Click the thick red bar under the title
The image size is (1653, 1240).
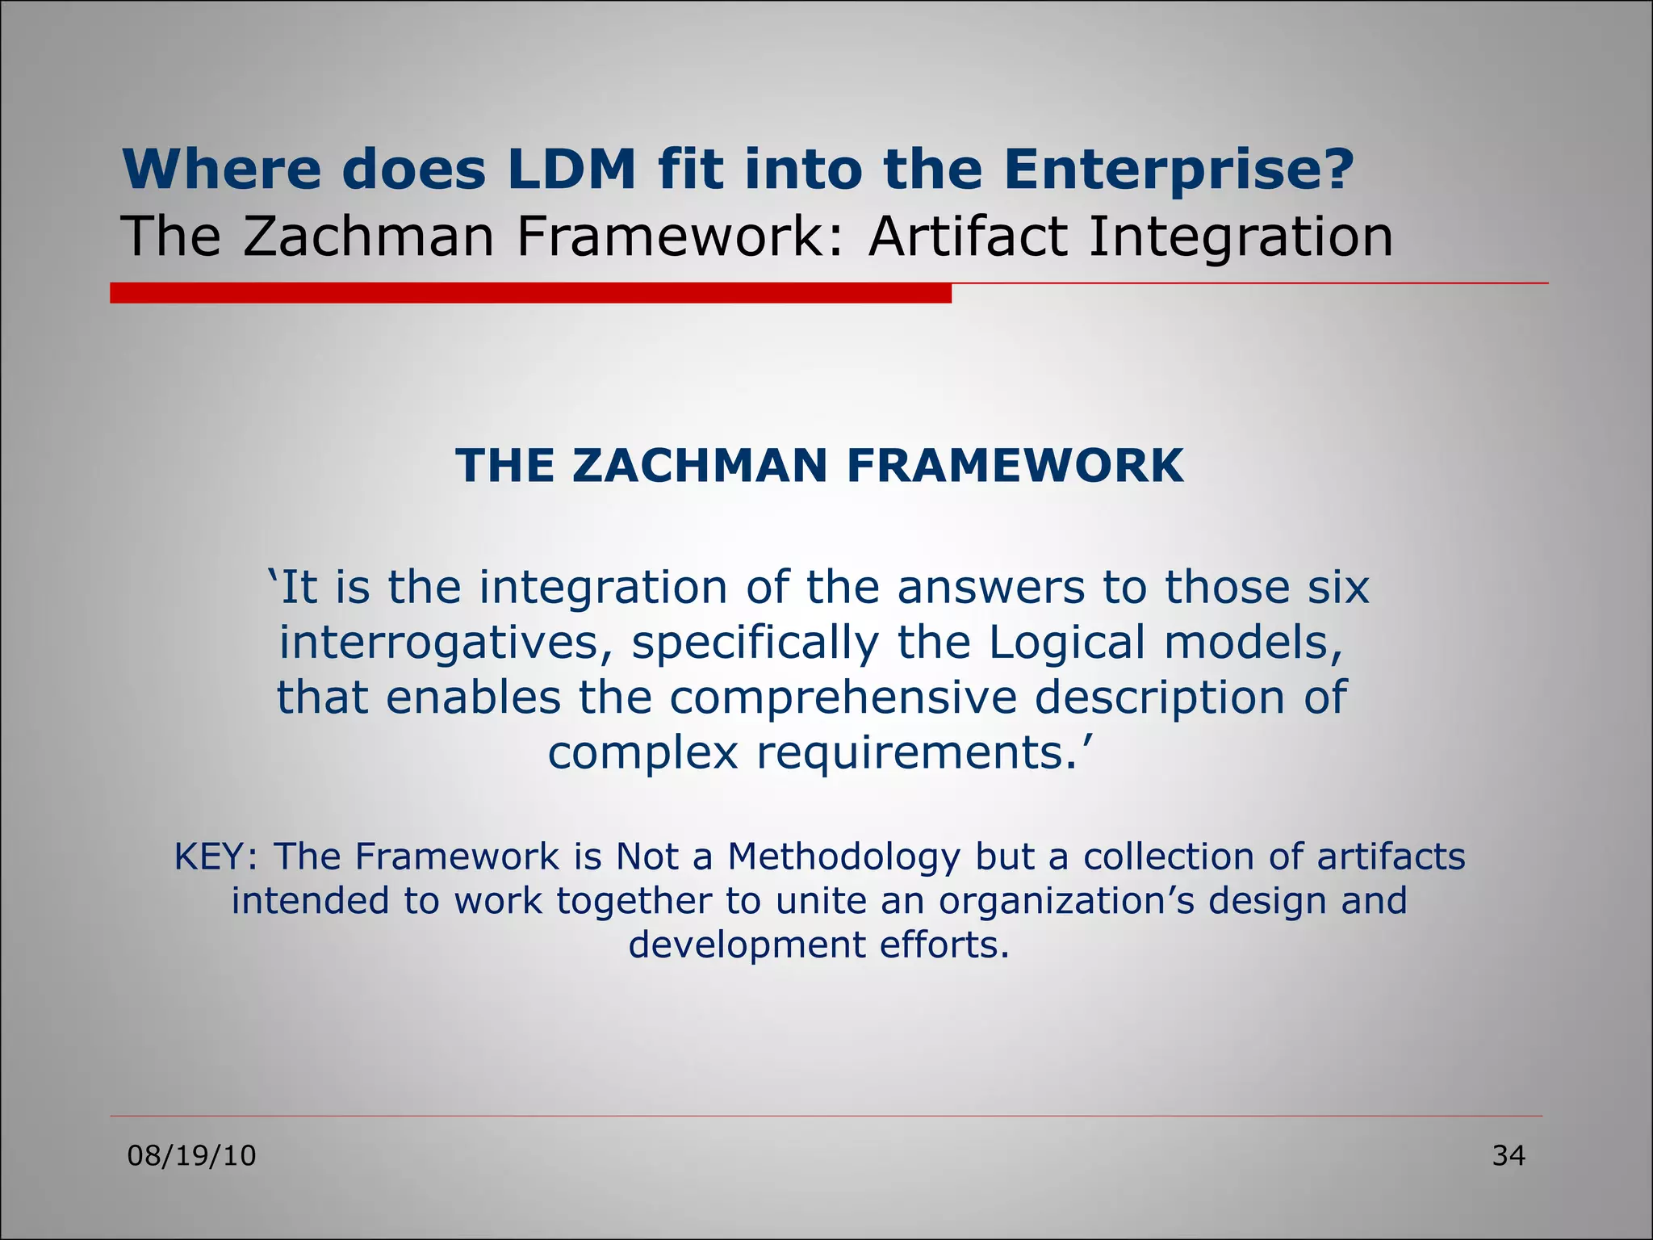coord(530,293)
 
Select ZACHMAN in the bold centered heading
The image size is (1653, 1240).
coord(701,466)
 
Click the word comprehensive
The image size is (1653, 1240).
coord(843,697)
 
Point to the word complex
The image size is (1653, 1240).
coord(643,752)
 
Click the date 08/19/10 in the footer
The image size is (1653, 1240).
coord(192,1156)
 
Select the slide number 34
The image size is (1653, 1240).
coord(1509,1156)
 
